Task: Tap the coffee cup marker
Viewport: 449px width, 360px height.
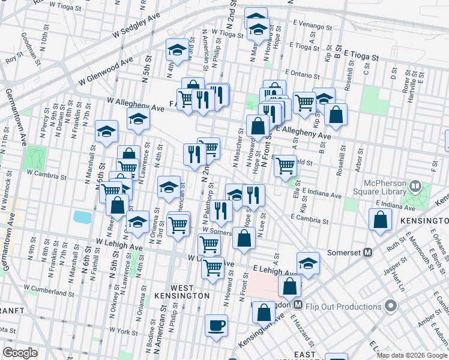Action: (216, 326)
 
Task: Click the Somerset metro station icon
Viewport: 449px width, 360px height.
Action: (368, 252)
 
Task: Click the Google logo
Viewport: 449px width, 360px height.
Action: (20, 353)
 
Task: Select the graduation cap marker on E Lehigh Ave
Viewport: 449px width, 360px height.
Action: (308, 263)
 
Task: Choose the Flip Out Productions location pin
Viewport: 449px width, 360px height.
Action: (391, 307)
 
